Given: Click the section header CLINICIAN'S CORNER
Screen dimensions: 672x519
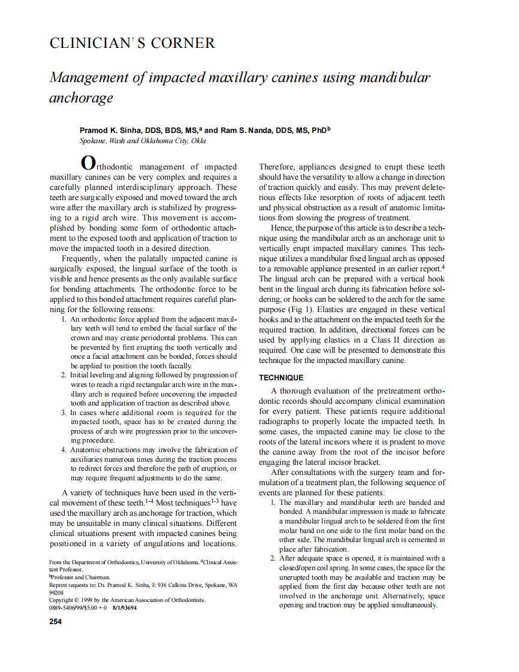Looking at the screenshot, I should click(x=131, y=43).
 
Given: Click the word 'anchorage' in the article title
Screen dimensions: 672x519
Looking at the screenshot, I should click(x=81, y=98).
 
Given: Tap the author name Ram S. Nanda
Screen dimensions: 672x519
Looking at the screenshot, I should click(x=246, y=130).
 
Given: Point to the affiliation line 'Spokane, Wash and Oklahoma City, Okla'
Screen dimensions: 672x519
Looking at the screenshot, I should click(x=143, y=141).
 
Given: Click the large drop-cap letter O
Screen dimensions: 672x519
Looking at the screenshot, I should click(x=87, y=163).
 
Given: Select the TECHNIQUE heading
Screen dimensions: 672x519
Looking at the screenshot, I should click(x=281, y=378).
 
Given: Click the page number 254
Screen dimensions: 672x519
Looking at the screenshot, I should click(x=55, y=621).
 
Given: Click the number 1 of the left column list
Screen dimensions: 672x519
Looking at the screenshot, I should click(x=64, y=319).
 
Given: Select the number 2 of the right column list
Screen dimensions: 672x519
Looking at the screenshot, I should click(x=273, y=558).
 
